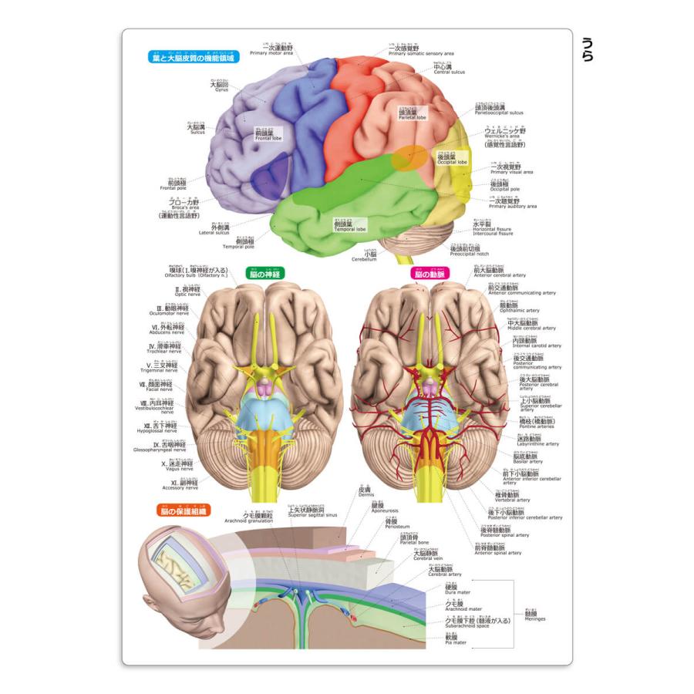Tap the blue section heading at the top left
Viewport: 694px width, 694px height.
point(193,57)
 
